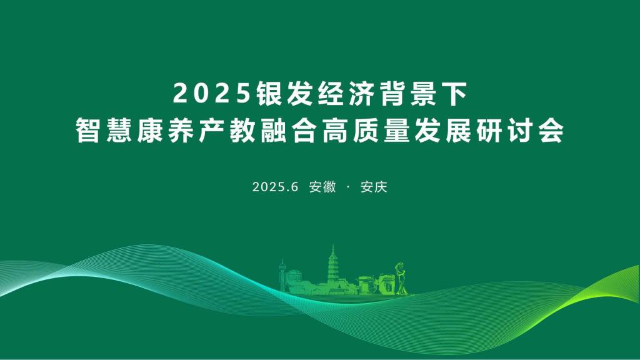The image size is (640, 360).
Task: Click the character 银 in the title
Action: [270, 94]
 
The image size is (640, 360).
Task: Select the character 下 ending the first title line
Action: [454, 94]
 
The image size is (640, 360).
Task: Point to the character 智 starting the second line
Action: [88, 131]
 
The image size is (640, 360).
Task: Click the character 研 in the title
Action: [489, 131]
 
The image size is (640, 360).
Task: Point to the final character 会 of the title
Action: [551, 131]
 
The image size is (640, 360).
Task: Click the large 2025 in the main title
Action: [212, 94]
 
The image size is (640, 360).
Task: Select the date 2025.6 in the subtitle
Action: [276, 187]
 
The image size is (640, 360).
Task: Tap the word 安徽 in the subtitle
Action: [322, 187]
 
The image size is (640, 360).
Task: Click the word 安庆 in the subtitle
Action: [374, 187]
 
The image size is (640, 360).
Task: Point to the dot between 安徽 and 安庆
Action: [348, 187]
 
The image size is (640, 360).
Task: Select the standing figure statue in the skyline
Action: [401, 278]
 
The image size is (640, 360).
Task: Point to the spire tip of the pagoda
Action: [333, 245]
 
